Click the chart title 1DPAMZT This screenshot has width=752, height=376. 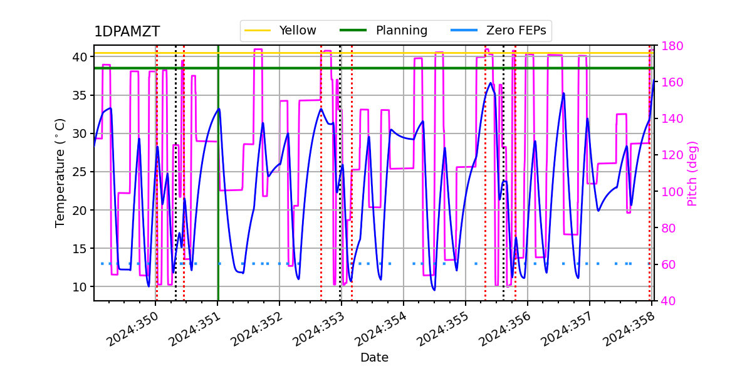(127, 32)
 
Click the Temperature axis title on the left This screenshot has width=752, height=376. (60, 172)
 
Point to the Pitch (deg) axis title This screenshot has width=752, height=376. (692, 173)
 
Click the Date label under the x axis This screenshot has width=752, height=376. (374, 358)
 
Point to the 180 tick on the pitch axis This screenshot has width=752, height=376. (667, 46)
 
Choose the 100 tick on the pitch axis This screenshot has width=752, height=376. (667, 192)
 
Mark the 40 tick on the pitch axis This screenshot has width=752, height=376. (664, 301)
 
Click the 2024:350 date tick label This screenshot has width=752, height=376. (131, 330)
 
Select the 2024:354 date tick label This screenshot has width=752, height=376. (379, 330)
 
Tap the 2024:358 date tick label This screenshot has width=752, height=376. (627, 330)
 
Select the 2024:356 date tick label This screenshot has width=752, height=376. (503, 330)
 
